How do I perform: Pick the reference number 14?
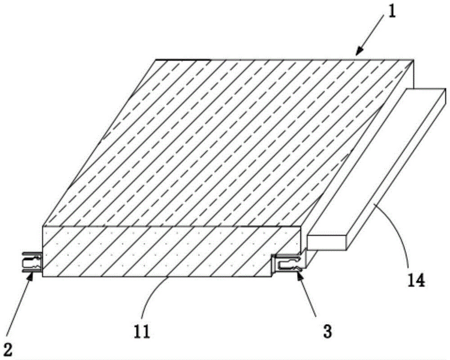416,280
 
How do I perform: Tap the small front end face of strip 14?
326,242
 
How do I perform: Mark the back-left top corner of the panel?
156,59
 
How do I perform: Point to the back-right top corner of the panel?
413,59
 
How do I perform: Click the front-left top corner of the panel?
43,226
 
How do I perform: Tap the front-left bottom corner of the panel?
43,276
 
